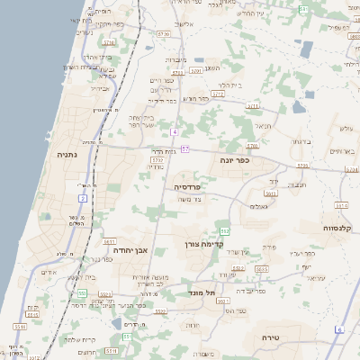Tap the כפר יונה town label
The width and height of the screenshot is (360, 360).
pyautogui.click(x=233, y=159)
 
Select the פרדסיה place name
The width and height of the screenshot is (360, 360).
pyautogui.click(x=188, y=186)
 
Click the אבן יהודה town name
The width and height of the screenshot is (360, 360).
pyautogui.click(x=144, y=250)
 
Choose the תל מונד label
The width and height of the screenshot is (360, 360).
pyautogui.click(x=198, y=292)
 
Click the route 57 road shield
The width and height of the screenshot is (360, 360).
pyautogui.click(x=184, y=148)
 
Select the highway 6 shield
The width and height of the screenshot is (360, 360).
pyautogui.click(x=339, y=330)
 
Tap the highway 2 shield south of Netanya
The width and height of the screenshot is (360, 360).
pyautogui.click(x=83, y=198)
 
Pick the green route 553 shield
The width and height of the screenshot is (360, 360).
pyautogui.click(x=82, y=292)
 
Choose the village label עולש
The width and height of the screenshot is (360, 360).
pyautogui.click(x=344, y=129)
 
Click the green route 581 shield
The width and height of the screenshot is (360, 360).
pyautogui.click(x=303, y=9)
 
